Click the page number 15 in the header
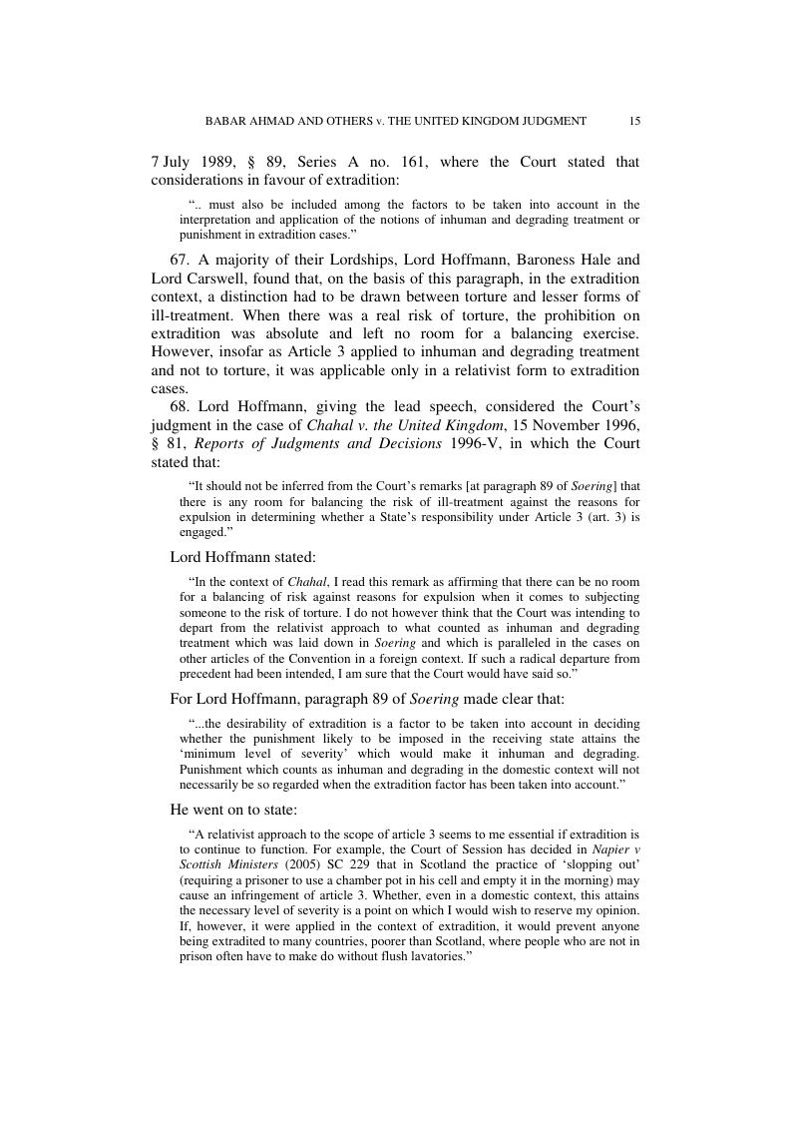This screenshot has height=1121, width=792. click(x=634, y=121)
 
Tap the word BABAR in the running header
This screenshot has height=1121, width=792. click(x=228, y=121)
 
